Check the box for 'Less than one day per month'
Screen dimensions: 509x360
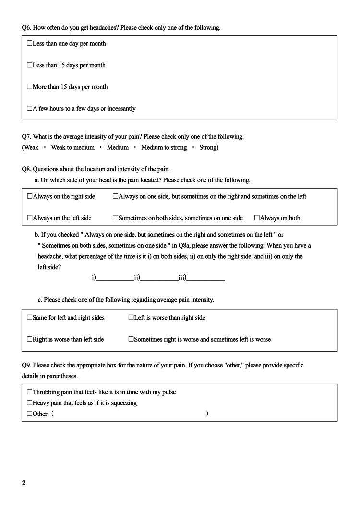(x=30, y=43)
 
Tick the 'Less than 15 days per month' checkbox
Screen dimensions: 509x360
(x=30, y=65)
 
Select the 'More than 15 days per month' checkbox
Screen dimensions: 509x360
(x=30, y=87)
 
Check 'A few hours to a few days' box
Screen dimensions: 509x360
(x=30, y=108)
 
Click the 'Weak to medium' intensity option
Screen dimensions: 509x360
(x=72, y=147)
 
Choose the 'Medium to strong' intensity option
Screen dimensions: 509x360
(x=164, y=147)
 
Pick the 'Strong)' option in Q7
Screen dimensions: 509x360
(x=209, y=147)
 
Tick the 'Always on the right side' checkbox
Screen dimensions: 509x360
(x=30, y=196)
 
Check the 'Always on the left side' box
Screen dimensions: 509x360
(x=30, y=218)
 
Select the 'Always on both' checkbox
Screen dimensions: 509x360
(x=257, y=218)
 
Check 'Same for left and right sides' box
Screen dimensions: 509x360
(x=30, y=317)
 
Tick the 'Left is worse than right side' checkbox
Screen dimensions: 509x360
(x=131, y=317)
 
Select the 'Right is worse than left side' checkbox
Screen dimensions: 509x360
(x=30, y=339)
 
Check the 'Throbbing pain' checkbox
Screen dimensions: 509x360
(x=30, y=392)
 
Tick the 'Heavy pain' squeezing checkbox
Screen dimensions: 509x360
(x=30, y=403)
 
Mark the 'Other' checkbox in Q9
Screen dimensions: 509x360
(x=30, y=414)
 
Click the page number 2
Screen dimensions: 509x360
(x=24, y=483)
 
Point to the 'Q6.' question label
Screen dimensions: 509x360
(x=26, y=28)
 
